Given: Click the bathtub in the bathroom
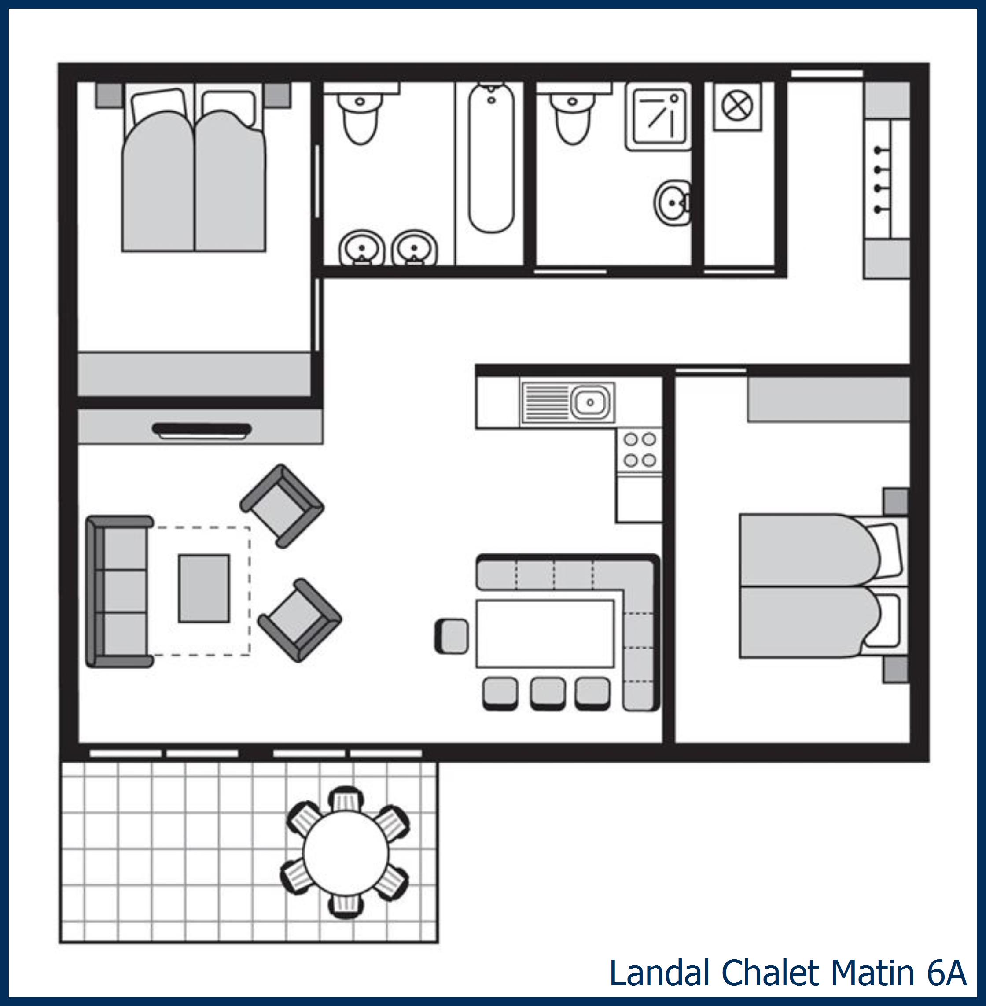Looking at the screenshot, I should pyautogui.click(x=491, y=158).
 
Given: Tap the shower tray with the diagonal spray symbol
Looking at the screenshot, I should pyautogui.click(x=658, y=117).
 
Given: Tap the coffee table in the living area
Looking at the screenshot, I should pyautogui.click(x=204, y=589).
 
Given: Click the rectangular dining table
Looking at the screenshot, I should pyautogui.click(x=545, y=634).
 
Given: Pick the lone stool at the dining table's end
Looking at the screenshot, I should pyautogui.click(x=452, y=636).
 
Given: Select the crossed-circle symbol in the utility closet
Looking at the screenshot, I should pyautogui.click(x=736, y=107).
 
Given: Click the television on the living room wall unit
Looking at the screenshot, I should pyautogui.click(x=202, y=429).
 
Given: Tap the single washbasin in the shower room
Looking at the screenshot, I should pyautogui.click(x=672, y=202).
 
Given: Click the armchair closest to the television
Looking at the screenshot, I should pyautogui.click(x=282, y=505).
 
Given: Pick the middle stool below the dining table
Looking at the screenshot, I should pyautogui.click(x=548, y=693).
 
